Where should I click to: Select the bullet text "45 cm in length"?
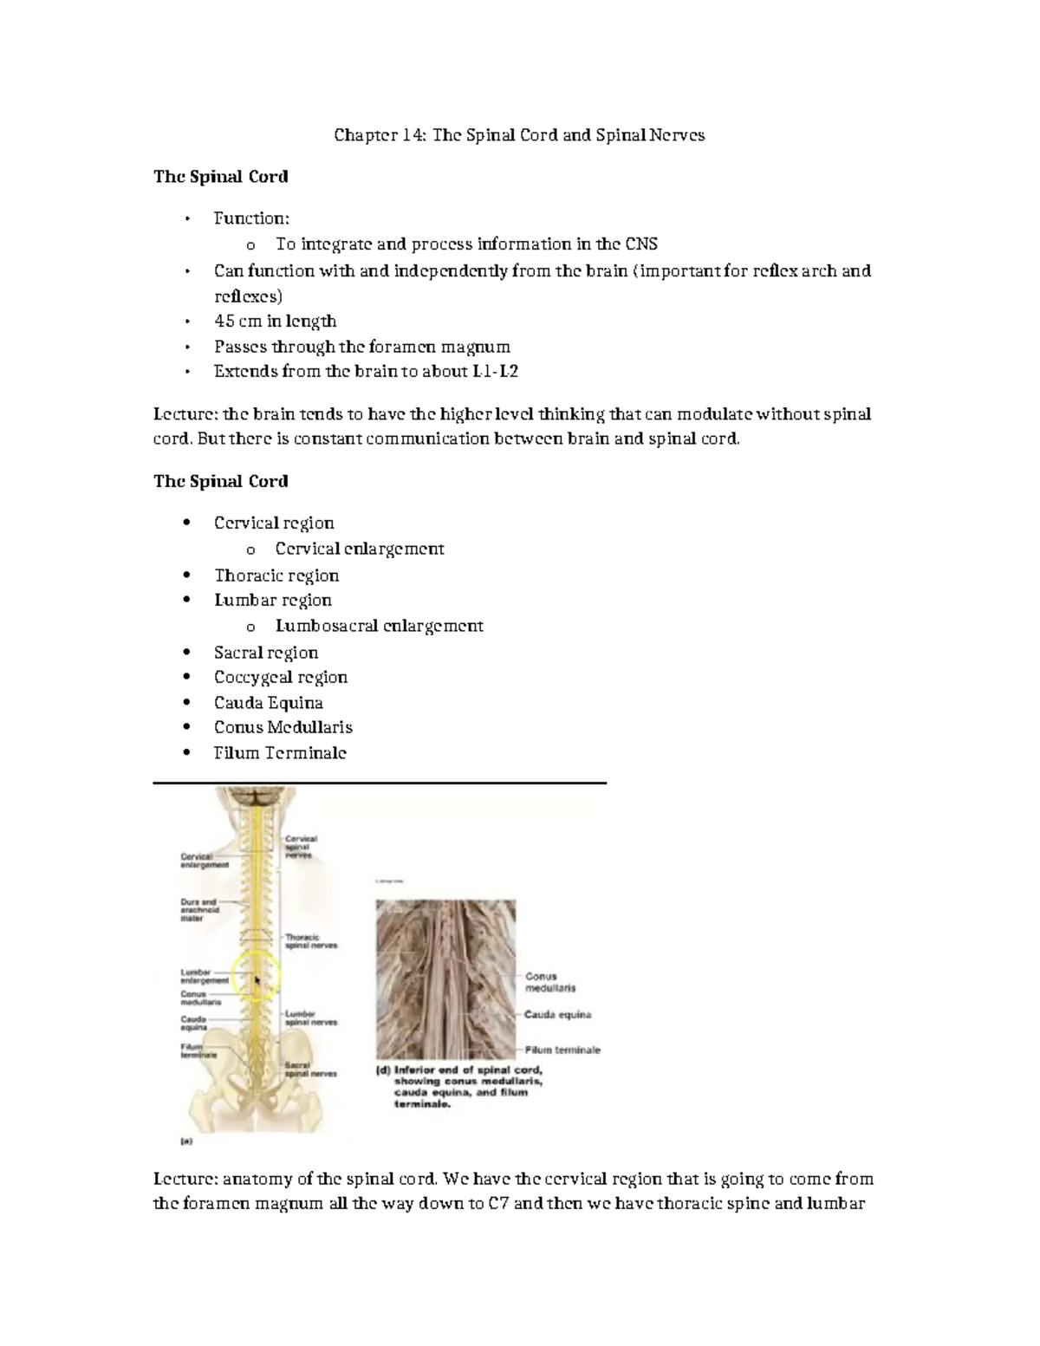275,322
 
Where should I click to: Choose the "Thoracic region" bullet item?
276,575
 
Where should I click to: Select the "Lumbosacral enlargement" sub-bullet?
379,626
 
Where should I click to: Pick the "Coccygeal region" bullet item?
280,677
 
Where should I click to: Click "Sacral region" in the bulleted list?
265,653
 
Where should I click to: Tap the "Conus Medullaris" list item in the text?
283,727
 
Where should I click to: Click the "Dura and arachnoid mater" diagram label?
200,910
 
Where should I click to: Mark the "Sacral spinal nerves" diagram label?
310,1069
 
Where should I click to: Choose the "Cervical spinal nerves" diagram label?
301,846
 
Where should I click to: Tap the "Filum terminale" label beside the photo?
562,1050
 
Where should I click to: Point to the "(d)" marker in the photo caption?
382,1070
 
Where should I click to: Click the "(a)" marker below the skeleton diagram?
186,1141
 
